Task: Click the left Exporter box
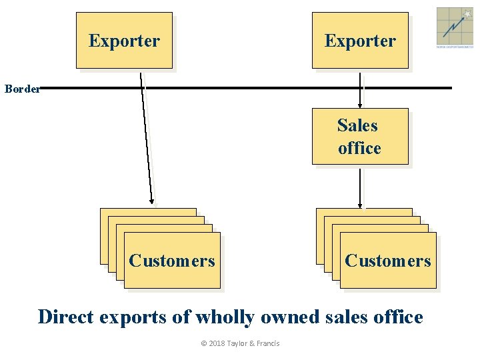(124, 41)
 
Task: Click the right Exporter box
(360, 41)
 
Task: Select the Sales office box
(360, 137)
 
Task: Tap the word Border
(22, 89)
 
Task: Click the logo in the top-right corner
(455, 27)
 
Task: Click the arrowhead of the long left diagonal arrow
(151, 199)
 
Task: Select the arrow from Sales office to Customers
(360, 188)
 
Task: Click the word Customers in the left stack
(172, 261)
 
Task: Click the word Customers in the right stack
(388, 261)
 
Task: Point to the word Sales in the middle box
(357, 125)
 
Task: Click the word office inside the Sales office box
(359, 148)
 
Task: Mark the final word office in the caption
(395, 317)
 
